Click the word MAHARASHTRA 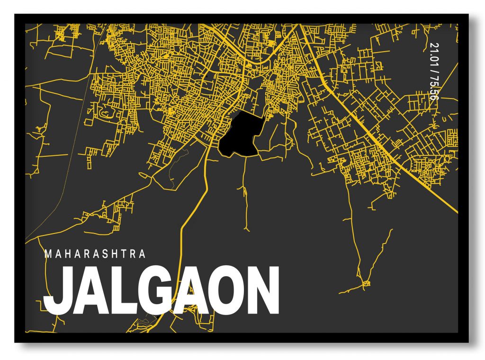[x=95, y=254]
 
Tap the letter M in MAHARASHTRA [x=47, y=254]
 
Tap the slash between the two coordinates [x=433, y=71]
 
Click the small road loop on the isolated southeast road [x=365, y=284]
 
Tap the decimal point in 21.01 [x=433, y=52]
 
